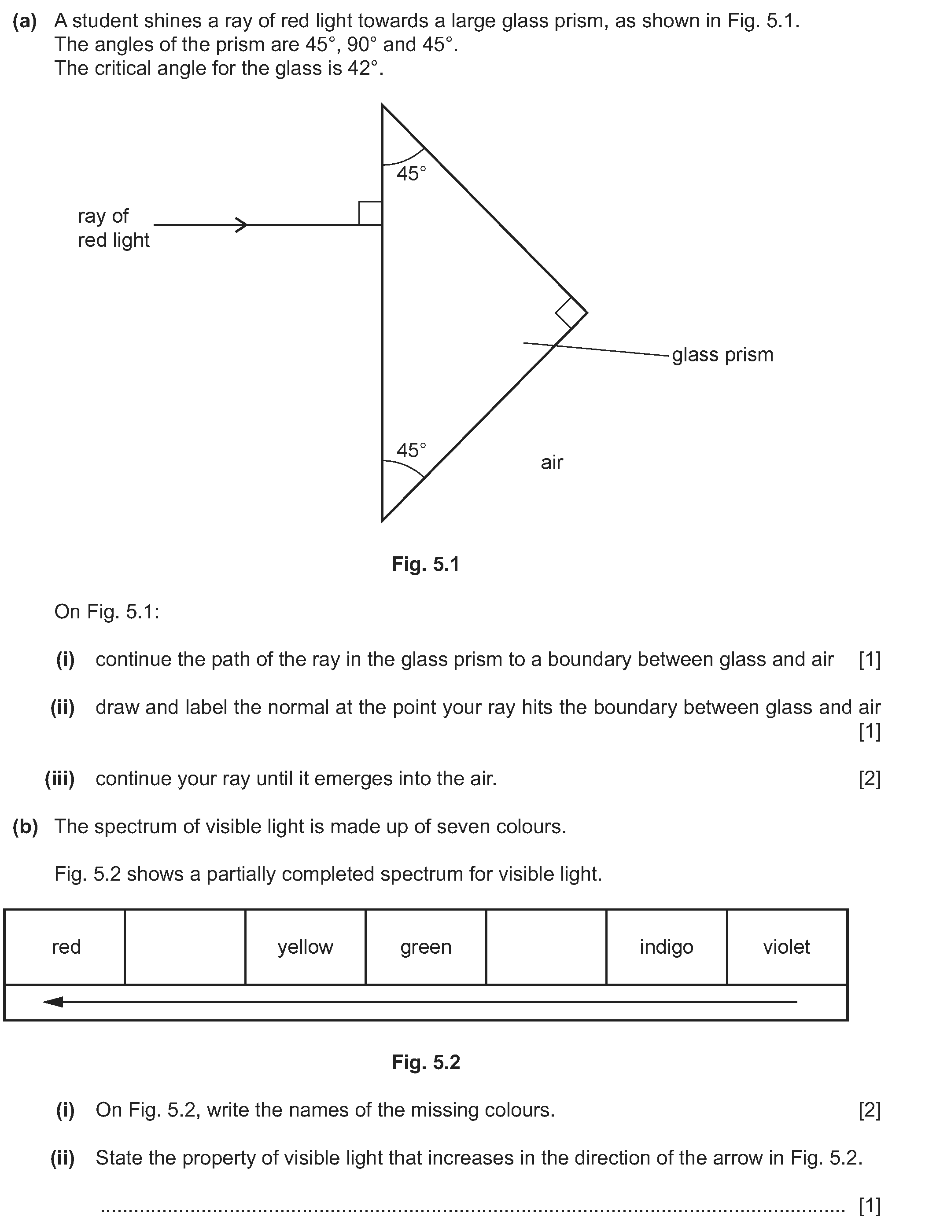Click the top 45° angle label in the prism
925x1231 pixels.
[411, 174]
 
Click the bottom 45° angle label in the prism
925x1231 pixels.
[411, 450]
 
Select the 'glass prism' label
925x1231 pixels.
[722, 354]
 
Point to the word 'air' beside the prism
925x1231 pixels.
[552, 463]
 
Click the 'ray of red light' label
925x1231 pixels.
[114, 228]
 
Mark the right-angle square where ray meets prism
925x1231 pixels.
[370, 213]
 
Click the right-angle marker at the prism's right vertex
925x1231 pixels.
[571, 313]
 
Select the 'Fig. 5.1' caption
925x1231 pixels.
[425, 564]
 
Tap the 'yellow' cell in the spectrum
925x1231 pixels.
[306, 947]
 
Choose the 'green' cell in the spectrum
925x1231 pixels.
[426, 947]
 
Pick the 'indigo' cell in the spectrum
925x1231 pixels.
[667, 947]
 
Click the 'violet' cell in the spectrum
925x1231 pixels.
[787, 947]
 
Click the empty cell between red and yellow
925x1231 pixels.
[185, 947]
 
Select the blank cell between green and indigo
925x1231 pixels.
[546, 947]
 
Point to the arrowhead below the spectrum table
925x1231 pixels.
[53, 1002]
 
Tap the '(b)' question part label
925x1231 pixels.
[25, 827]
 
